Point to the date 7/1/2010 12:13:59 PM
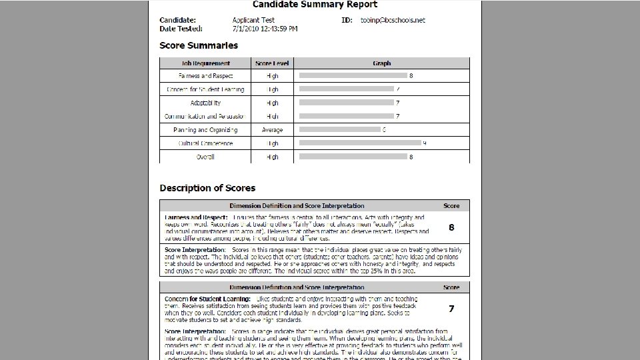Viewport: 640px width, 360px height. tap(265, 29)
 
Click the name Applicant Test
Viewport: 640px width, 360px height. tap(254, 21)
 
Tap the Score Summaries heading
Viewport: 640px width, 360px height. tap(199, 45)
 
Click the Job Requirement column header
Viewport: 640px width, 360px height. tap(205, 63)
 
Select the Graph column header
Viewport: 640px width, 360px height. tap(381, 63)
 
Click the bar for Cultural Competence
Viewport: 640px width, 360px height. tap(360, 143)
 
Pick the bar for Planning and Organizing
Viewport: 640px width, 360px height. tap(339, 129)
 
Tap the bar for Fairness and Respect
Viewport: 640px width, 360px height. tap(353, 75)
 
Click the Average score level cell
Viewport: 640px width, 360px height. tap(273, 130)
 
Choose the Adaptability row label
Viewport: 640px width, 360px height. tap(205, 103)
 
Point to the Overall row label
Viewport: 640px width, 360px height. tap(205, 157)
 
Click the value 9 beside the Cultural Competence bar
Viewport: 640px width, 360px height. tap(425, 143)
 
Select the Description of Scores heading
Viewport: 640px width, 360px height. tap(207, 188)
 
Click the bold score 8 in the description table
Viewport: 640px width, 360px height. tap(451, 227)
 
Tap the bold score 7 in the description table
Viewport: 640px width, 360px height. tap(451, 309)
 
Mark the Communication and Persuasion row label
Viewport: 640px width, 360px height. tap(205, 117)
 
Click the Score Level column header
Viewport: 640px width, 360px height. tap(273, 63)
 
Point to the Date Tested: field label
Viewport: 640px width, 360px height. tap(181, 29)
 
